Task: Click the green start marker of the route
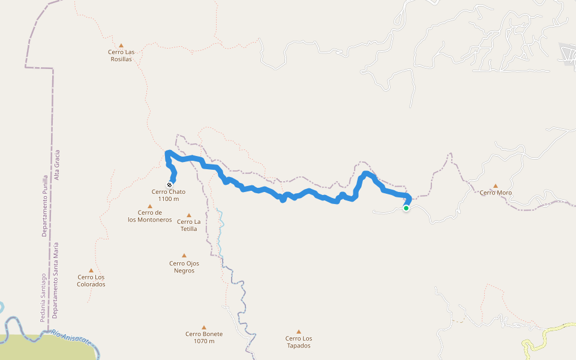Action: [406, 208]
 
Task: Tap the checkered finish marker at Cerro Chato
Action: [170, 184]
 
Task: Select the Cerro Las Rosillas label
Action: [121, 55]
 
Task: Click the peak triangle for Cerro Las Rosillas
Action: [121, 45]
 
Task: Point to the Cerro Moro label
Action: [495, 193]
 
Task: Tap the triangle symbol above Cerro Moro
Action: [495, 186]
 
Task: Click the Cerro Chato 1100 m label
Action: [169, 195]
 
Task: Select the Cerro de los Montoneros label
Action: [150, 216]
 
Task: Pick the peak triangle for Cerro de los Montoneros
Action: [150, 206]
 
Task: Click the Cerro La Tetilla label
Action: [188, 225]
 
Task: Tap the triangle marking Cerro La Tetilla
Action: [188, 215]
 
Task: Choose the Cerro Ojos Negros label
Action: [184, 266]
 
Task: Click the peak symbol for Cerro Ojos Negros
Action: [184, 255]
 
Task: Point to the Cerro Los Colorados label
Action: [91, 280]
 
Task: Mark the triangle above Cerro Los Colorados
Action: [91, 270]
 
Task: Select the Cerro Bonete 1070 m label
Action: [204, 337]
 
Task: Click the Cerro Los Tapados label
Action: [298, 341]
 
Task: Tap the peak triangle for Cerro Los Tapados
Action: [298, 331]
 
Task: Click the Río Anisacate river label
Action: [71, 337]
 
